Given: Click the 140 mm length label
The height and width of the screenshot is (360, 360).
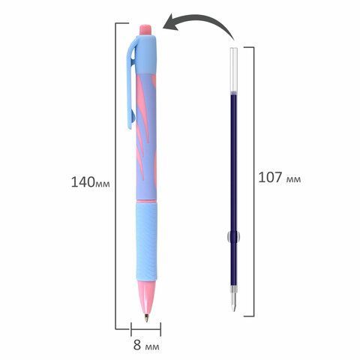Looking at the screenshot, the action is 91,182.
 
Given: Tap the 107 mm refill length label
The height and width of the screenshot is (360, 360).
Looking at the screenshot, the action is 280,178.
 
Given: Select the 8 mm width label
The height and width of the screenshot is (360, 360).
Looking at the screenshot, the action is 146,345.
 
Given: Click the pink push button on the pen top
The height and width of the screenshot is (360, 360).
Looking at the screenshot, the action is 145,30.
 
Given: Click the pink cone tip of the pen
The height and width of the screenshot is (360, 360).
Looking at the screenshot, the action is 146,295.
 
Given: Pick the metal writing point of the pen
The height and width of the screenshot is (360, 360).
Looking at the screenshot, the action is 146,318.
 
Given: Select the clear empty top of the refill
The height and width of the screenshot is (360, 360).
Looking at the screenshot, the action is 233,70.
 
